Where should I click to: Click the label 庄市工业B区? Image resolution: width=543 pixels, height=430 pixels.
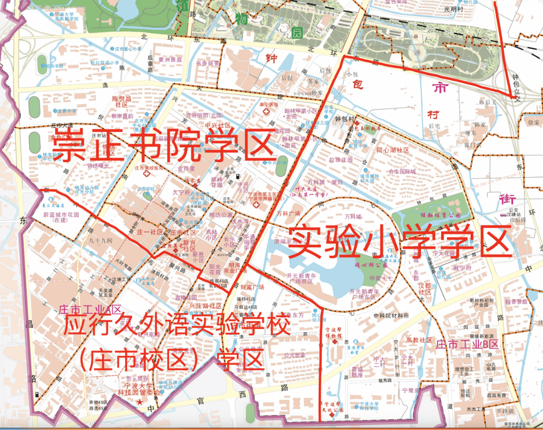point(467,345)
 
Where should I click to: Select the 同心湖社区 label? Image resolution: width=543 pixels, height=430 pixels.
point(393,150)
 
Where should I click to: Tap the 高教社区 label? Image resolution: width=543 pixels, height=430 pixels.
point(419,340)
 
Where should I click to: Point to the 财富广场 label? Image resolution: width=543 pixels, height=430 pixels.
point(252,288)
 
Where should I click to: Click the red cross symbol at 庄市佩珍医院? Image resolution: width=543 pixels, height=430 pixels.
point(147,174)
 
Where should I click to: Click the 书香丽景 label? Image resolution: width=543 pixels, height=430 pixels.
point(208,63)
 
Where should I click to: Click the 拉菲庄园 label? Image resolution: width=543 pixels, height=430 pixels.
point(341,160)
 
